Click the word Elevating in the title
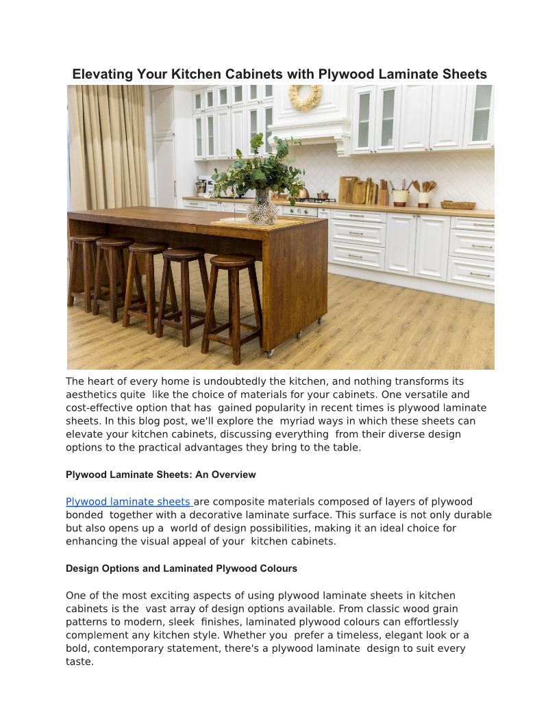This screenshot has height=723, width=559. [104, 74]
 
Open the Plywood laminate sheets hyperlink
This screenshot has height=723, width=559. [128, 502]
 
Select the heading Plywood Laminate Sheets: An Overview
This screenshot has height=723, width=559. [160, 474]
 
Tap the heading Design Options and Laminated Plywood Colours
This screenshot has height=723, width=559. [181, 568]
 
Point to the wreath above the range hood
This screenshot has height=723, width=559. [305, 97]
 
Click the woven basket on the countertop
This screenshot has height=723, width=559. [458, 204]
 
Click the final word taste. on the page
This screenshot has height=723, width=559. [79, 662]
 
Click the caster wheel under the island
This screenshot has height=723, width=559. [269, 353]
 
